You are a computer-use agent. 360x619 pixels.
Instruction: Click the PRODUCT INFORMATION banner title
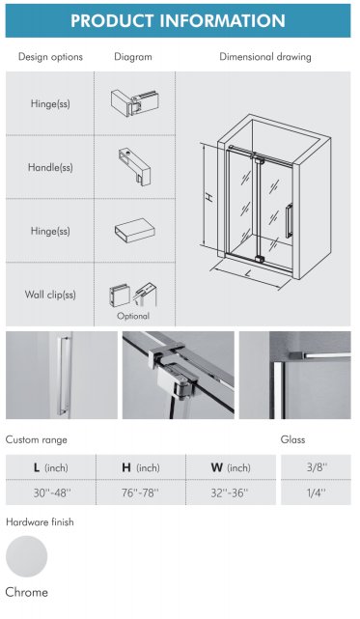(x=178, y=20)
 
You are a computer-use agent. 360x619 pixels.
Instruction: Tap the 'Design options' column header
(x=50, y=57)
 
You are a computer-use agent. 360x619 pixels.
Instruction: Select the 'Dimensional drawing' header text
(x=265, y=57)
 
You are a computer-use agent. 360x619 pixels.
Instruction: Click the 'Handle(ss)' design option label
(x=50, y=167)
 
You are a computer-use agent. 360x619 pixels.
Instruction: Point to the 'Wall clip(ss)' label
(x=50, y=295)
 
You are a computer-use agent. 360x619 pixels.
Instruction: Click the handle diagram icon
(x=134, y=166)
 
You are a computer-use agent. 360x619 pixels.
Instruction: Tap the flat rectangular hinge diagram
(x=134, y=231)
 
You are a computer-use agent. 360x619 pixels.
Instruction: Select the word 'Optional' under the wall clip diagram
(x=133, y=316)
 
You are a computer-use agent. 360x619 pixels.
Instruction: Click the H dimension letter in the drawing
(x=210, y=197)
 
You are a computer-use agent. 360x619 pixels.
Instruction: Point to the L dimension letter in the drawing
(x=248, y=272)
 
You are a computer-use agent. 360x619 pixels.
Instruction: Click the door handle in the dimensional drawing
(x=289, y=221)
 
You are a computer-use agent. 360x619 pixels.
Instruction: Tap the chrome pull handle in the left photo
(x=63, y=375)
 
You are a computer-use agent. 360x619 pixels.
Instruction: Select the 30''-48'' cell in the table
(x=51, y=492)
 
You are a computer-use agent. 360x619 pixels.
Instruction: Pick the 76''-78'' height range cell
(x=140, y=492)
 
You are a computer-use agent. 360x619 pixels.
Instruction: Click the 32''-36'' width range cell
(x=230, y=492)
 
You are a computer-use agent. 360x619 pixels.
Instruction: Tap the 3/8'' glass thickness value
(x=317, y=467)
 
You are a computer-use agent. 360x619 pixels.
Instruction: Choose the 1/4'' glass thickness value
(x=317, y=492)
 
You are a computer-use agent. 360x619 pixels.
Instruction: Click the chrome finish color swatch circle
(x=26, y=556)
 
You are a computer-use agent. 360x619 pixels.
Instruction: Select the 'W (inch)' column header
(x=231, y=467)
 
